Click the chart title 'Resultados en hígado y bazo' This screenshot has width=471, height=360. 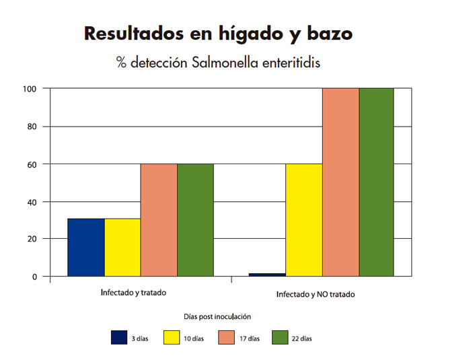[x=217, y=34]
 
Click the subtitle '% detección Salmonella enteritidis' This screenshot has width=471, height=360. [x=217, y=63]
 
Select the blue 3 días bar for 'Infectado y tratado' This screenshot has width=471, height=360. [x=86, y=247]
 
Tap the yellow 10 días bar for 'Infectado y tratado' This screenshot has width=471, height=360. [x=122, y=247]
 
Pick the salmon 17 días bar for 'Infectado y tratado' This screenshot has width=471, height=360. [x=159, y=220]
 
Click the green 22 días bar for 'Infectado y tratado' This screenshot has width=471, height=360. [x=195, y=220]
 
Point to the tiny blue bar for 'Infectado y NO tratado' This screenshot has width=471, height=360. [x=268, y=275]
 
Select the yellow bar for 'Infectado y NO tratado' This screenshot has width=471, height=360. [x=304, y=220]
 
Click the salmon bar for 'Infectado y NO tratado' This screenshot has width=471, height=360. [x=340, y=182]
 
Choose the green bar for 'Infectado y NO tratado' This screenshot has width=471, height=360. [x=376, y=182]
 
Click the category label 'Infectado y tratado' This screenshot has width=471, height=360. [x=133, y=293]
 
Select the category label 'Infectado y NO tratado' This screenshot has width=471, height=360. [x=316, y=295]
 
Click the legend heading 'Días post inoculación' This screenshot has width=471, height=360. [x=217, y=316]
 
